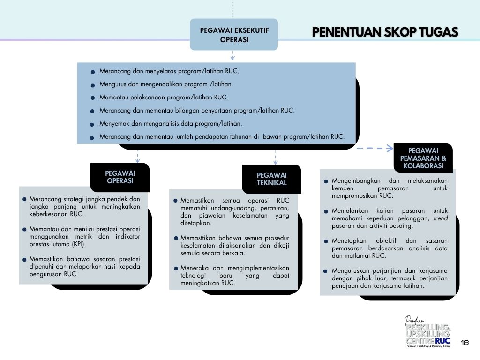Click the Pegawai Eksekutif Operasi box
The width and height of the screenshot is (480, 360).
coord(234,34)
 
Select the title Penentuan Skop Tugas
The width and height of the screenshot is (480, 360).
coord(385,32)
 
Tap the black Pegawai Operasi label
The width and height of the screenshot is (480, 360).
coord(120,177)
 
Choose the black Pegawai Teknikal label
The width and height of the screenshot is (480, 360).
coord(271,179)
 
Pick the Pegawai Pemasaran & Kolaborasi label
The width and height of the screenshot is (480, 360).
coord(423,158)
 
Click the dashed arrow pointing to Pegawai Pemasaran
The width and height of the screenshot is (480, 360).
coord(375,148)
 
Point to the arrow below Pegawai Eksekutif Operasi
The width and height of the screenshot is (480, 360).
coord(232,55)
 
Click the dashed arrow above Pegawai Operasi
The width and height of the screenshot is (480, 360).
coord(137,157)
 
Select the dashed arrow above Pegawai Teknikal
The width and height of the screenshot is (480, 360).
coord(276,157)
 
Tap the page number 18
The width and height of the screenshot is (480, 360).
coord(465,342)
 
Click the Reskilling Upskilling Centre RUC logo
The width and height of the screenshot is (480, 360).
coord(428,332)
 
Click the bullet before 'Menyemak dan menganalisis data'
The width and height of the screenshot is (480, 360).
coord(92,125)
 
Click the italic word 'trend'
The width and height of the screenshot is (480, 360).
coord(441,218)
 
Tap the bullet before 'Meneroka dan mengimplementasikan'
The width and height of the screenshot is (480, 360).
coord(176,269)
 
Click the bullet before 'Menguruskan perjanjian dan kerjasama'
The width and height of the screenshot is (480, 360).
coord(326,271)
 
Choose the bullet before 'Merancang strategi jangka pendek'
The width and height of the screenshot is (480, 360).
coord(24,199)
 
